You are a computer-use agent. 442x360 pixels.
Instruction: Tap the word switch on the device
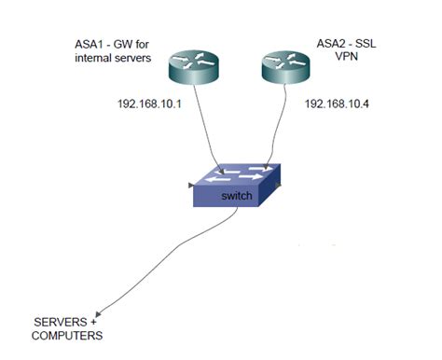click(x=236, y=198)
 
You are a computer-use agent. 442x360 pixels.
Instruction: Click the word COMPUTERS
click(x=67, y=336)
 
